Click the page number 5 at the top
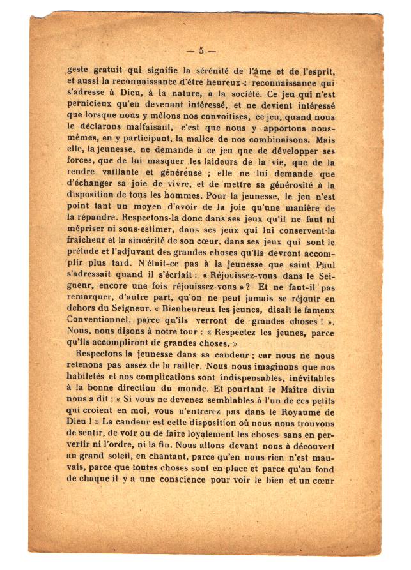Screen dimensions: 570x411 click(201, 51)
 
